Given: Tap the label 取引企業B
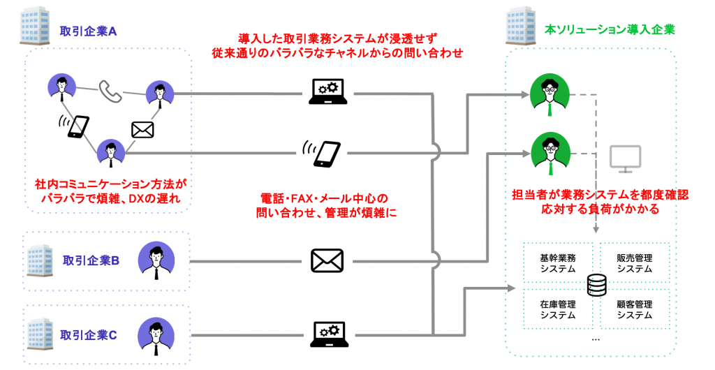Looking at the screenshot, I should click(91, 260).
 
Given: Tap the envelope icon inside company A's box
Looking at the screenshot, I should click(142, 129).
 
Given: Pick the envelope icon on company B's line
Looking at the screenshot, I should click(327, 260).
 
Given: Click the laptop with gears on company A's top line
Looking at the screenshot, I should click(327, 91).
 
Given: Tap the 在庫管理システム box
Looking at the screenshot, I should click(558, 309).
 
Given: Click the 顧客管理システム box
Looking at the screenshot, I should click(634, 309).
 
